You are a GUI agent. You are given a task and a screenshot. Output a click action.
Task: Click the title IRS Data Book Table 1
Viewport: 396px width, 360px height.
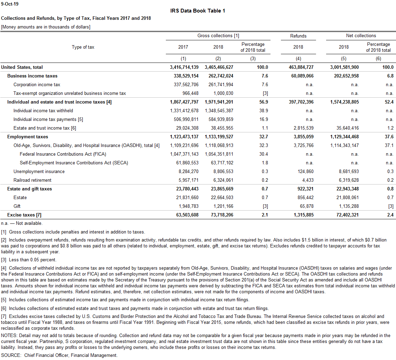[197, 11]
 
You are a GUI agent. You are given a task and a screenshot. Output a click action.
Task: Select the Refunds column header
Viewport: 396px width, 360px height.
[298, 36]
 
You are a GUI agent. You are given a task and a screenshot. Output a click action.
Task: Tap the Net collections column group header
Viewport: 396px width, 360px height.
[361, 36]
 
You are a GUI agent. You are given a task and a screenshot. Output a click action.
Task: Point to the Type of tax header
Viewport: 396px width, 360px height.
[83, 47]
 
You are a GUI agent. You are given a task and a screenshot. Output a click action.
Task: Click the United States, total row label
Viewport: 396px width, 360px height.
[22, 67]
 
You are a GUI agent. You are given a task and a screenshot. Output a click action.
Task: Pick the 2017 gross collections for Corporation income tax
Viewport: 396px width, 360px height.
[186, 85]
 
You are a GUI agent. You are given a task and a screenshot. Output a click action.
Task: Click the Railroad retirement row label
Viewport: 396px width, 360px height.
[32, 180]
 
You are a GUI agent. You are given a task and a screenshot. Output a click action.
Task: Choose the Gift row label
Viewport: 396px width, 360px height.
[17, 206]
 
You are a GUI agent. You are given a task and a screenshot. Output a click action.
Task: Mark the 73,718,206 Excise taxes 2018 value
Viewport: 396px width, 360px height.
[219, 215]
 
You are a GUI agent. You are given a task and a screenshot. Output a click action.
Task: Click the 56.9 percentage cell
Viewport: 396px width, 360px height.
[263, 102]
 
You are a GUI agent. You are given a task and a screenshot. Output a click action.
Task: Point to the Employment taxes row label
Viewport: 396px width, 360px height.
[28, 137]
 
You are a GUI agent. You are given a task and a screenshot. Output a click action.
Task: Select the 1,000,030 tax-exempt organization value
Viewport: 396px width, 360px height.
[223, 93]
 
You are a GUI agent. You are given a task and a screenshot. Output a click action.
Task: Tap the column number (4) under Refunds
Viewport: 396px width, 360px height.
[298, 59]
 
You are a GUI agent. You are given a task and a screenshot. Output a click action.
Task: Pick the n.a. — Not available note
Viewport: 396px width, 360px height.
[22, 223]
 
